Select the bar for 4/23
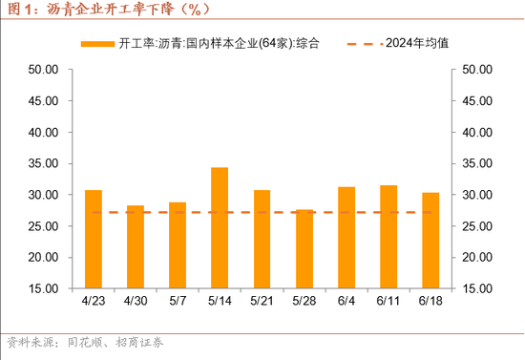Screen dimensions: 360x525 coord(94,239)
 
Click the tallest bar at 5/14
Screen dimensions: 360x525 coord(220,227)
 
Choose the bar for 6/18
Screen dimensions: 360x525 coord(430,240)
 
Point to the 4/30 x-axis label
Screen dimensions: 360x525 coord(136,301)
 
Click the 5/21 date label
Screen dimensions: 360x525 coord(262,301)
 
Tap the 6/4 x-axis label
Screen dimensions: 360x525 coord(346,301)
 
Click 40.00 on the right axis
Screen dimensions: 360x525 coord(476,132)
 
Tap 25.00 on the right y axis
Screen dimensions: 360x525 coord(476,226)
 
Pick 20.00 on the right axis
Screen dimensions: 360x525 coord(476,257)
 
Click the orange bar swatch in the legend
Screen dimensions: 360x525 coord(97,44)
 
